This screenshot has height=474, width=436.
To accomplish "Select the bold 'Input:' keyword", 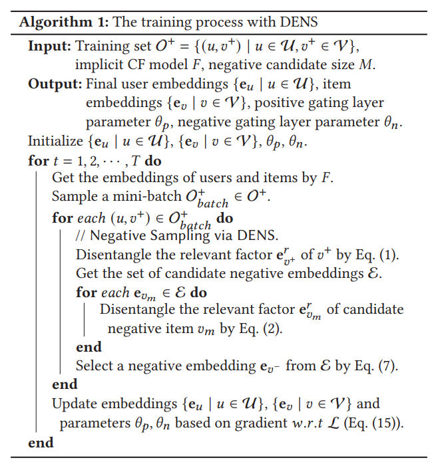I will [49, 47].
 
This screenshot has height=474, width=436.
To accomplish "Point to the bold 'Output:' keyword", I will [54, 84].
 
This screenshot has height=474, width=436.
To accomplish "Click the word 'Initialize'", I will [56, 141].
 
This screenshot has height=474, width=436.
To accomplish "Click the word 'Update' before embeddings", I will [74, 404].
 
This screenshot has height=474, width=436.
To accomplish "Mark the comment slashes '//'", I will [82, 236].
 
